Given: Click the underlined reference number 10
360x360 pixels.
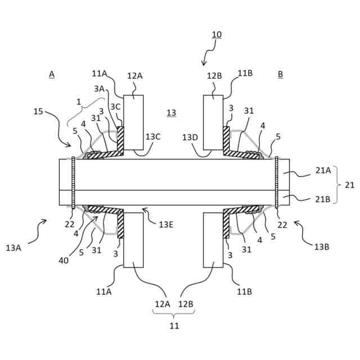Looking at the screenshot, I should (x=217, y=34).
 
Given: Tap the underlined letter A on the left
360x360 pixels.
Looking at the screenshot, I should (x=52, y=74).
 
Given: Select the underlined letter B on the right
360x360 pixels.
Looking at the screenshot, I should (x=281, y=74).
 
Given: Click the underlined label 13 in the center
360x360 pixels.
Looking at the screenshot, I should (x=171, y=113).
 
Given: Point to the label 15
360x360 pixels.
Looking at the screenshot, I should (x=38, y=111).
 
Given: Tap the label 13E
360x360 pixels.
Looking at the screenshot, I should (x=166, y=224).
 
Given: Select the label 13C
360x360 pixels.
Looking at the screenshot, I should (x=153, y=137).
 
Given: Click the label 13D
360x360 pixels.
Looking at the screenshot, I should (x=190, y=137).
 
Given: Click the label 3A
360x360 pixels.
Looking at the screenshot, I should (x=99, y=88).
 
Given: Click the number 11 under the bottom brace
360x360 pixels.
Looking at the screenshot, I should (x=174, y=325).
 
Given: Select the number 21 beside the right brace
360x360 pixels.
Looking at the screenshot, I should (x=349, y=184).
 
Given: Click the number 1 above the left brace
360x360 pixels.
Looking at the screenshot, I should (x=79, y=102).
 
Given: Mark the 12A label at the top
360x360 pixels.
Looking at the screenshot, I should (x=135, y=76).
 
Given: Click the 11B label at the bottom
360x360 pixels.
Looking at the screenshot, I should (x=244, y=291).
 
